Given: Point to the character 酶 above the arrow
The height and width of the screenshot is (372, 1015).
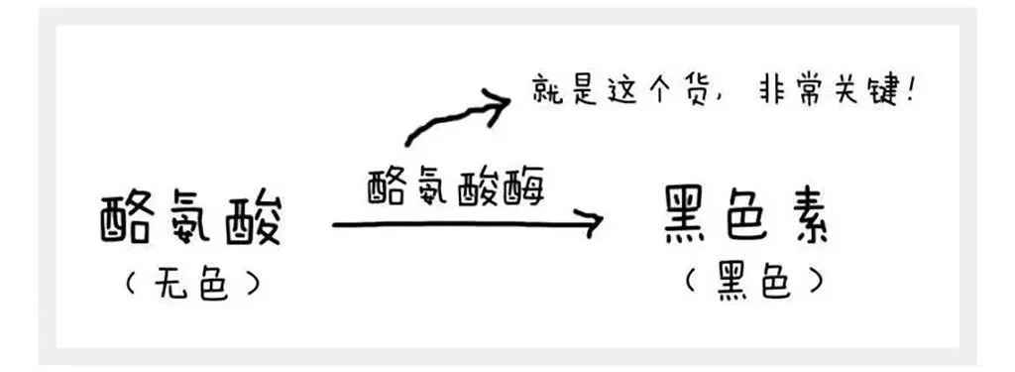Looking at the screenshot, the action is click(x=524, y=186).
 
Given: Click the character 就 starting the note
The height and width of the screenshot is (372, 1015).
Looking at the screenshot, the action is click(x=541, y=92).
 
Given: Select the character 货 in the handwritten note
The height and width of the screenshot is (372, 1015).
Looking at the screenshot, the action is click(x=696, y=92).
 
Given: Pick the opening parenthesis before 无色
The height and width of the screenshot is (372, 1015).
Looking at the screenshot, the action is click(x=129, y=285).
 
